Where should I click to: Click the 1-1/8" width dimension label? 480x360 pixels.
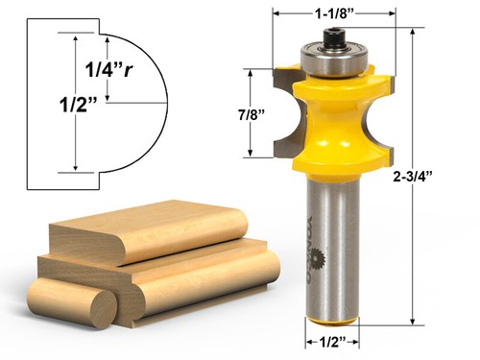[x=334, y=13]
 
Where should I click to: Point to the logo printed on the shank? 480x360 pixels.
[x=332, y=259]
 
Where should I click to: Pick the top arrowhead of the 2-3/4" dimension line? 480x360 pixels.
[x=413, y=32]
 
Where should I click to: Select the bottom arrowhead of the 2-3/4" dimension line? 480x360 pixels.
[x=413, y=324]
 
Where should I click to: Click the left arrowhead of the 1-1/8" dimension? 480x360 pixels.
[x=277, y=13]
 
